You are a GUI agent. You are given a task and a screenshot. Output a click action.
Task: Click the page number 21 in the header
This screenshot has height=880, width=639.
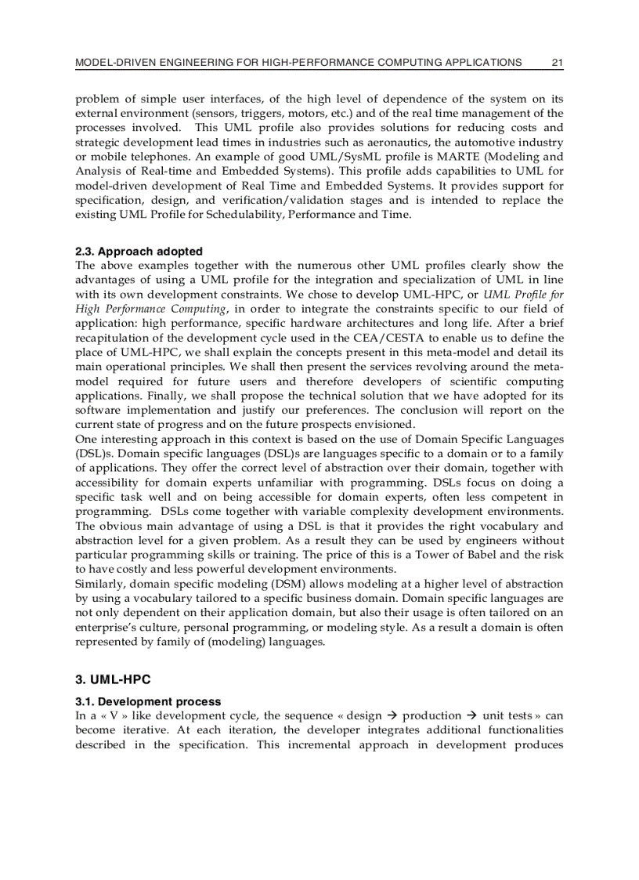(x=557, y=62)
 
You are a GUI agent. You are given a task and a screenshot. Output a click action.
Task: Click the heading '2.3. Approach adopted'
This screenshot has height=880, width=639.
(x=139, y=252)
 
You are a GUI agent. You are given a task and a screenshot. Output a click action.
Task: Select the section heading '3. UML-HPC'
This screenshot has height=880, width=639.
(x=113, y=679)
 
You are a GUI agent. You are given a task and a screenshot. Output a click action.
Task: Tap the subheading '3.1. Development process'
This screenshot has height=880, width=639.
(x=148, y=701)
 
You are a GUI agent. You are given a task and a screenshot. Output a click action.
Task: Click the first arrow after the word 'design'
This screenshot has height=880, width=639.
(x=393, y=715)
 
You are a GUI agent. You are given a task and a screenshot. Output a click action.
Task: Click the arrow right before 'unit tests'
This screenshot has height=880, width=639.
(x=472, y=715)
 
